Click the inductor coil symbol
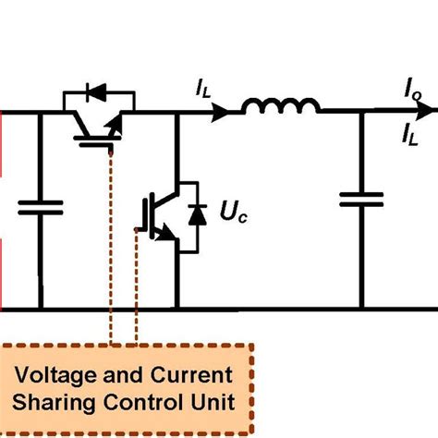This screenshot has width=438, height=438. pyautogui.click(x=281, y=108)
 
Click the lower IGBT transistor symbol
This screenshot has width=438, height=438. pyautogui.click(x=157, y=214)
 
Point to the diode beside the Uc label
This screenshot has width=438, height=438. pyautogui.click(x=196, y=214)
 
